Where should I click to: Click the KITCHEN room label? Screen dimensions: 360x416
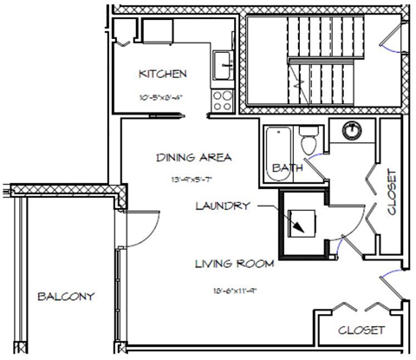click(x=163, y=75)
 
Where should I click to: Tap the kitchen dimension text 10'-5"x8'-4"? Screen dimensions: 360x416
click(x=163, y=97)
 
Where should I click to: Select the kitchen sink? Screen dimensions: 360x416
click(x=224, y=62)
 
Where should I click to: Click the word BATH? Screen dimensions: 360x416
click(x=287, y=167)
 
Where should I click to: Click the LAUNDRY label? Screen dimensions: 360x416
click(x=224, y=206)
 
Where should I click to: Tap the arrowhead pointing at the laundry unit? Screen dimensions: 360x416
click(x=299, y=227)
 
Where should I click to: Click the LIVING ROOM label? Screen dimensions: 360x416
click(x=233, y=263)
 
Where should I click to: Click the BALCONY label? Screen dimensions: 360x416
click(x=66, y=296)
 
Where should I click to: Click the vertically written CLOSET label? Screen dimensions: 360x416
click(x=390, y=192)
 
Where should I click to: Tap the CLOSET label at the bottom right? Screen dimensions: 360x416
click(x=361, y=330)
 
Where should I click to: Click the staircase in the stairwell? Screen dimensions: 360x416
click(x=320, y=65)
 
